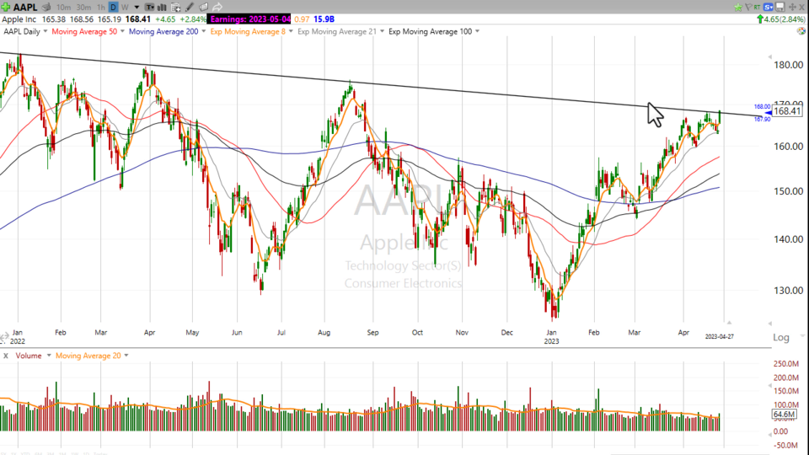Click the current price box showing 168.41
pos(786,111)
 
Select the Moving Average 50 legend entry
pos(84,31)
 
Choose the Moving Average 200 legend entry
pos(165,31)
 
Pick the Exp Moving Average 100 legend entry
pos(430,31)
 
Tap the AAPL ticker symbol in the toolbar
pos(25,7)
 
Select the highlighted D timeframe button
pos(113,7)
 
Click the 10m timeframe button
pos(63,7)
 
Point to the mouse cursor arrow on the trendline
pos(654,113)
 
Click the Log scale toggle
pos(781,337)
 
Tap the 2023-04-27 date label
pos(721,336)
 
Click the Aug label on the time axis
pos(324,332)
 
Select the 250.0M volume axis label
pos(787,363)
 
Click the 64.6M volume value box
pos(784,415)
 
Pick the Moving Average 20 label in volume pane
pos(88,356)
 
